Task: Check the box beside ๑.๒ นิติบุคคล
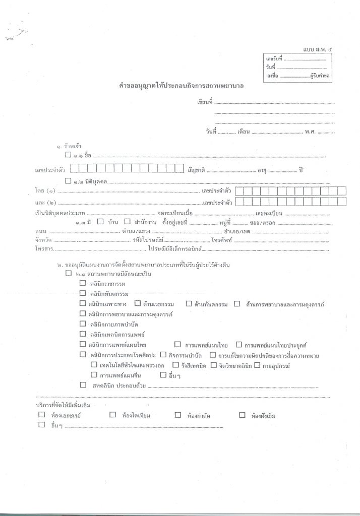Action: tap(68, 180)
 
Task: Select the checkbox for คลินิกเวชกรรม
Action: tap(83, 283)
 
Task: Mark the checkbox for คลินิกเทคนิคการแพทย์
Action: tap(83, 334)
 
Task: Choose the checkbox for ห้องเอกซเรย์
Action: tap(41, 415)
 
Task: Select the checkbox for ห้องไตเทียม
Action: tap(112, 415)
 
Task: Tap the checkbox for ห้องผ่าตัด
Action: tap(177, 415)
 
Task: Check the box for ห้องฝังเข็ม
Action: tap(242, 415)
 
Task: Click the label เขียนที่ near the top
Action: tap(205, 102)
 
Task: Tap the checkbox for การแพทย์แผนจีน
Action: tap(93, 374)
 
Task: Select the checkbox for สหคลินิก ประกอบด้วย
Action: tap(83, 385)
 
